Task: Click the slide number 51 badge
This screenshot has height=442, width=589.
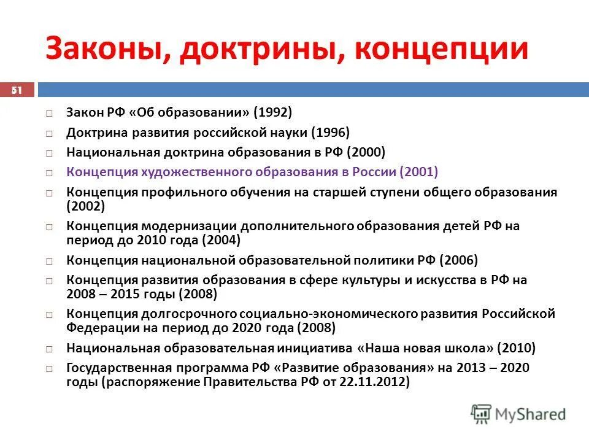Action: click(x=17, y=90)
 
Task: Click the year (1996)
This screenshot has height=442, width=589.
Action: click(x=330, y=132)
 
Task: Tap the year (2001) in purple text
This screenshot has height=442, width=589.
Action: click(x=418, y=171)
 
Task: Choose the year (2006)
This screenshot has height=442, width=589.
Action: click(x=458, y=260)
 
